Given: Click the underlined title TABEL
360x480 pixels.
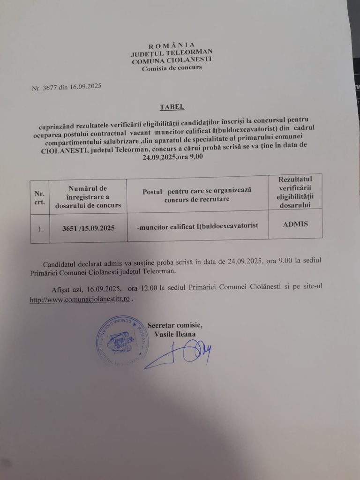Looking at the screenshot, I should point(172,107).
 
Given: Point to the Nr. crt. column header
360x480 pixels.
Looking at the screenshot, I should point(39,197).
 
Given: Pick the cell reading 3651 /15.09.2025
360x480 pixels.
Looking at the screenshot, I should point(88,228).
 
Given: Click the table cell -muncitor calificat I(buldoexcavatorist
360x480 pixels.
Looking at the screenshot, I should point(197,226).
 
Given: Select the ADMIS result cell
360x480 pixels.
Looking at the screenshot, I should point(295,224).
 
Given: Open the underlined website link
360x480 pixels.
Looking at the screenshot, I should point(80,300).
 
